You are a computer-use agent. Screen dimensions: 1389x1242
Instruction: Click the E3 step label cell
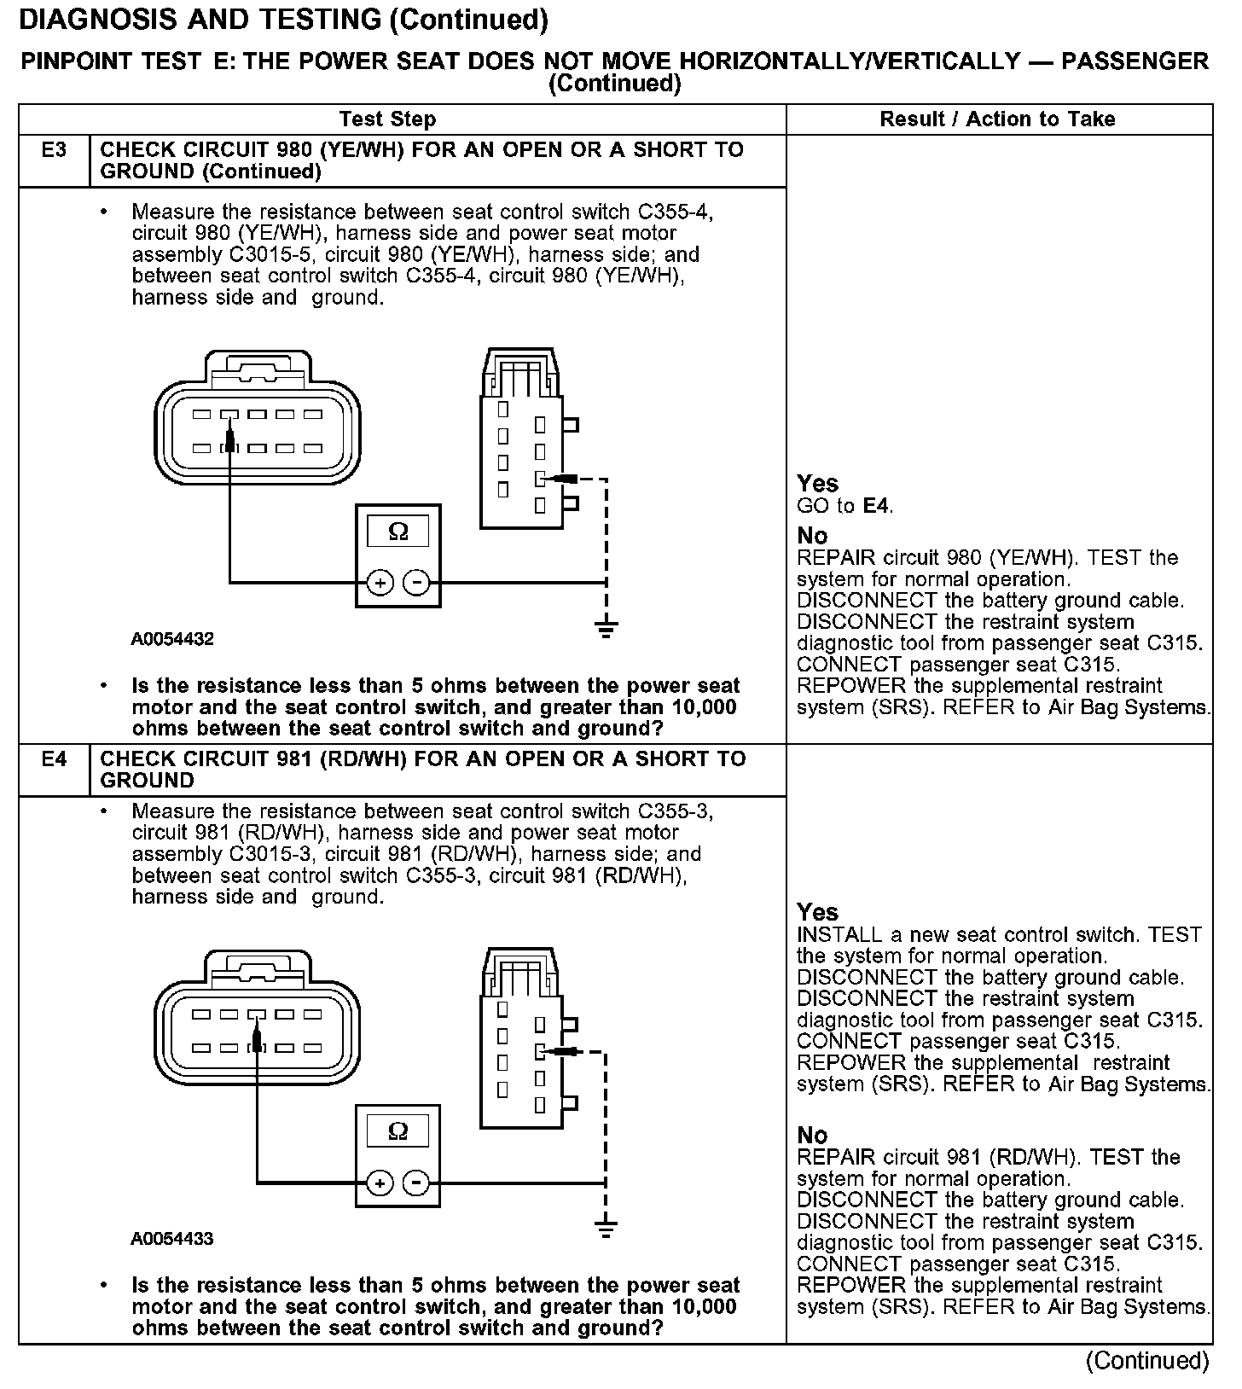54,151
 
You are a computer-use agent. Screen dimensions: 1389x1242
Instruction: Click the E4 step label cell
54,759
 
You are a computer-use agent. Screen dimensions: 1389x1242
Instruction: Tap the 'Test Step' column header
387,119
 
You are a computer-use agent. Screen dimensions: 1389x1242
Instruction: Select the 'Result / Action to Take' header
997,119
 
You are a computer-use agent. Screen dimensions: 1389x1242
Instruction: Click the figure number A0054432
172,639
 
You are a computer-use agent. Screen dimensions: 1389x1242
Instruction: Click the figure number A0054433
172,1239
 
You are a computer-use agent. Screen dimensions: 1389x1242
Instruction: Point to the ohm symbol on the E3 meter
398,532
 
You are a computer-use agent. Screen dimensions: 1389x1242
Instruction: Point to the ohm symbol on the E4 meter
398,1131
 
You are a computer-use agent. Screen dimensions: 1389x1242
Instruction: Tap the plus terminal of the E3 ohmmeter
380,583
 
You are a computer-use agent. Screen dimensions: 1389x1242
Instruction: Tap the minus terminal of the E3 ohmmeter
416,583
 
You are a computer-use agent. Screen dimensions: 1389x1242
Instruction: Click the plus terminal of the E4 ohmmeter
380,1183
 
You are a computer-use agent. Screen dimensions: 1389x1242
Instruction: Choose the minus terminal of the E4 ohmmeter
416,1183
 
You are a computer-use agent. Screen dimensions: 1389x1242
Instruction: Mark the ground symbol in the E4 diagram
606,1230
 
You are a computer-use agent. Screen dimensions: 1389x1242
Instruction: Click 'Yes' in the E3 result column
817,484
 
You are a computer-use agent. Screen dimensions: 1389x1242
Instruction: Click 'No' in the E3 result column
812,536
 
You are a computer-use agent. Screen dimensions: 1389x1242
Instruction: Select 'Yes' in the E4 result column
817,912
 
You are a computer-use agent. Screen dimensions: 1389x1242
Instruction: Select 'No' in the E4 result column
812,1136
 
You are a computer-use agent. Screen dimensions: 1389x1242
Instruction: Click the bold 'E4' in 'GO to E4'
876,506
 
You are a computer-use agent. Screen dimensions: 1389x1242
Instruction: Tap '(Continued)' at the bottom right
1147,1361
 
